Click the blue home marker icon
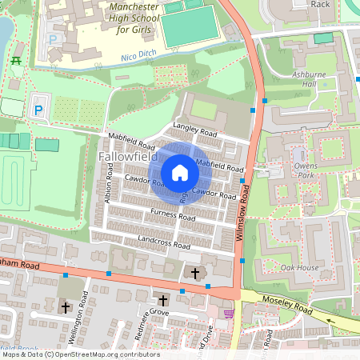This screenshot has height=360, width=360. (180, 173)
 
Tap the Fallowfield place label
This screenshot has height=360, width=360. (127, 159)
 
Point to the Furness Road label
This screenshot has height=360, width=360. (173, 215)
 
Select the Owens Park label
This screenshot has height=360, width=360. (306, 170)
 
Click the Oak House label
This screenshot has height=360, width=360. (300, 268)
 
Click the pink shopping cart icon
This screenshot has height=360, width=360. (230, 314)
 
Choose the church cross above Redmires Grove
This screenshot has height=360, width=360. (163, 300)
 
